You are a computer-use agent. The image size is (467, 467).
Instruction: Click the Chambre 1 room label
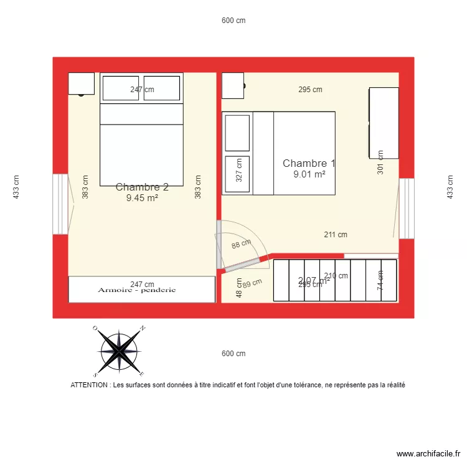click(309, 164)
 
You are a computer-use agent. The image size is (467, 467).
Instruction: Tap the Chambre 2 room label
click(142, 187)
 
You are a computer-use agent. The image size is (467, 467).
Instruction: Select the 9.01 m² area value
click(309, 175)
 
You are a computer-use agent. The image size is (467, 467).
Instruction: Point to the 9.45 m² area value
click(142, 198)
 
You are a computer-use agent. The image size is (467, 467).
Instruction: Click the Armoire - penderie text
click(137, 290)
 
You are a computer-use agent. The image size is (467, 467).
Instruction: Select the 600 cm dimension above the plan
click(233, 21)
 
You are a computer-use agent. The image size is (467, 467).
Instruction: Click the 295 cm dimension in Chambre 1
click(310, 90)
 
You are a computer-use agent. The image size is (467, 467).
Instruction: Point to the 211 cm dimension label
click(336, 235)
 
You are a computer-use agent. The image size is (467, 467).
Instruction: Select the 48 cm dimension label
click(239, 287)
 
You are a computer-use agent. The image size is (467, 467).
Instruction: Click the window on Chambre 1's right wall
click(406, 208)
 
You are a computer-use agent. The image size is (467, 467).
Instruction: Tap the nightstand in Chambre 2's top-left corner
click(81, 83)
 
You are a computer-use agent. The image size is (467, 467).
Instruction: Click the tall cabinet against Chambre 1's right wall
click(384, 122)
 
